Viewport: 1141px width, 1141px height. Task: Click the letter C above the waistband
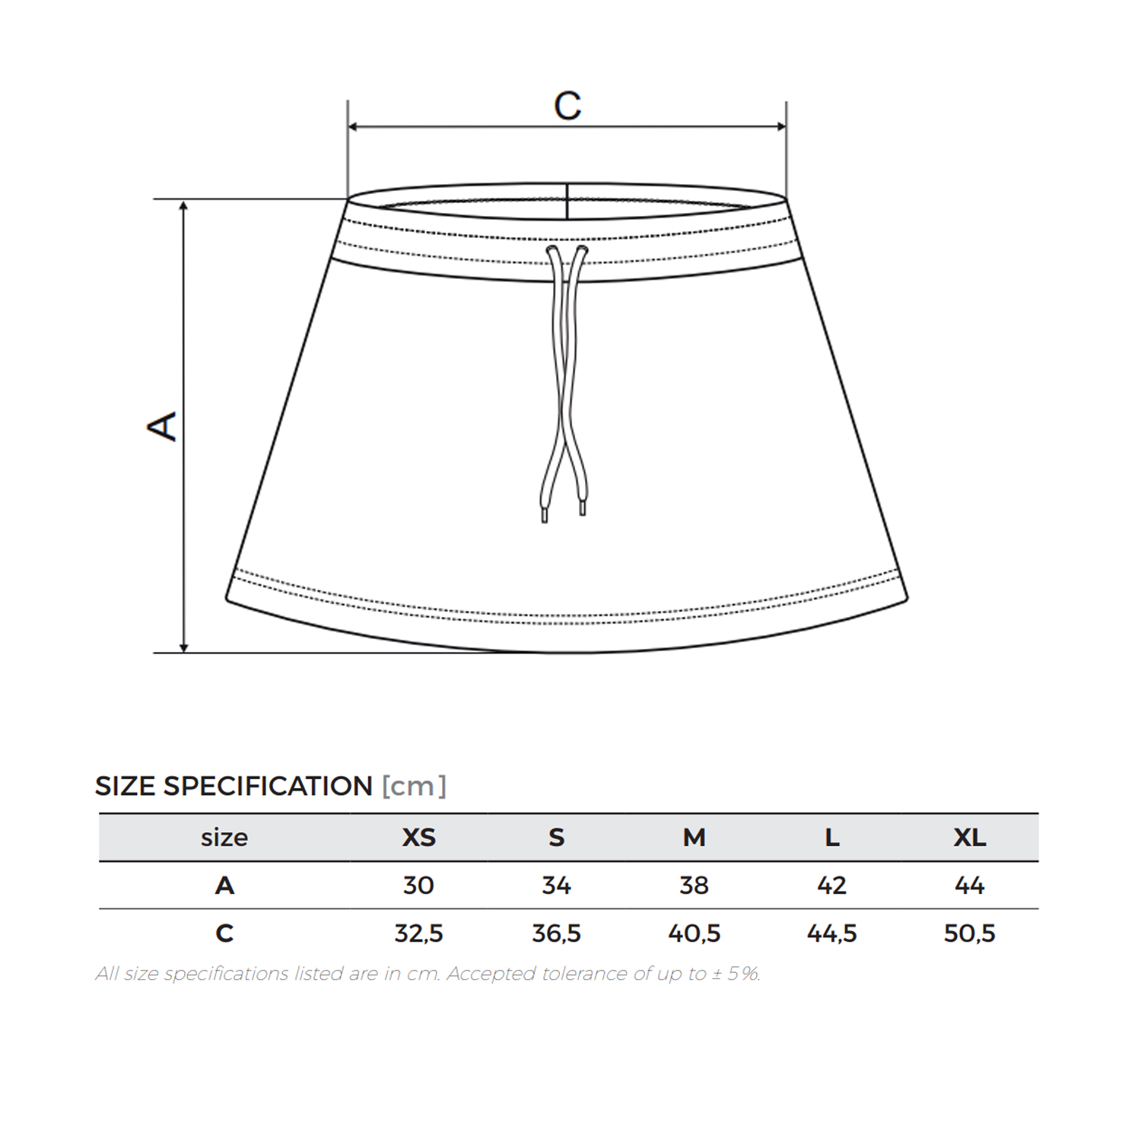[567, 106]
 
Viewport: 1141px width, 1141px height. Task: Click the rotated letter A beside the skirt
[162, 427]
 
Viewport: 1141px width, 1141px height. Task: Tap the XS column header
[418, 837]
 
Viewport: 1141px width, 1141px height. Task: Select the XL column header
[970, 837]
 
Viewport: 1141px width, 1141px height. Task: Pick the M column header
[694, 837]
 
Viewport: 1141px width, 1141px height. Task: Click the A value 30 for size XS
[418, 885]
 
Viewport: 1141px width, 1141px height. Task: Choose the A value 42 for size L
[831, 885]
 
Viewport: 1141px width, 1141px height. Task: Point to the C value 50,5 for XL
[969, 933]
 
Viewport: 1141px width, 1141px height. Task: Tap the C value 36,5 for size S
[556, 933]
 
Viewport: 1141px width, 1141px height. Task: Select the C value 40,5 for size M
[694, 933]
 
